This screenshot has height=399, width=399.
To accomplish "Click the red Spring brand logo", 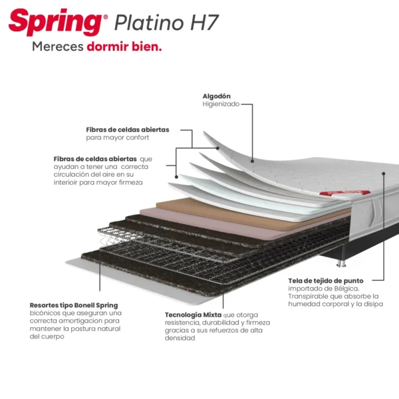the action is (55, 23).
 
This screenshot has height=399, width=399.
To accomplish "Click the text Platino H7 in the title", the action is (167, 23).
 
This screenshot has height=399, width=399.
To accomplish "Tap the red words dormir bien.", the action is (124, 47).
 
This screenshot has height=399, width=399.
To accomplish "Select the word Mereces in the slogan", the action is (58, 47).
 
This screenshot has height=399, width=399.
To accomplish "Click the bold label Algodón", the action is (217, 96).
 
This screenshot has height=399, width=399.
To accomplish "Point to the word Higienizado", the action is (221, 104).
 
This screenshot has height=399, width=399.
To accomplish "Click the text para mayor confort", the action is (117, 138).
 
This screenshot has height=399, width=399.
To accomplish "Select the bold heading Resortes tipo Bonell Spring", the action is (74, 305).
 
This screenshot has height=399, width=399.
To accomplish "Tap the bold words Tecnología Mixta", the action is (193, 315).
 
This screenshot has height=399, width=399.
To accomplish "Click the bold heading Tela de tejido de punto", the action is (326, 281).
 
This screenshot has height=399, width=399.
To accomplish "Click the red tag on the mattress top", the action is (344, 193).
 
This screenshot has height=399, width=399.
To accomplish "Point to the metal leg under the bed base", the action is (342, 263).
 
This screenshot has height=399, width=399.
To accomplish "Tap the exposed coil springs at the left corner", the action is (112, 237).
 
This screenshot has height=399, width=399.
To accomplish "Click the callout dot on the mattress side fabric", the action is (384, 174).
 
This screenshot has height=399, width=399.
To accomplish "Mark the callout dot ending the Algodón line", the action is (252, 161).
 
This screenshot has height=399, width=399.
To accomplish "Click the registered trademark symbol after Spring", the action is (106, 17).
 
